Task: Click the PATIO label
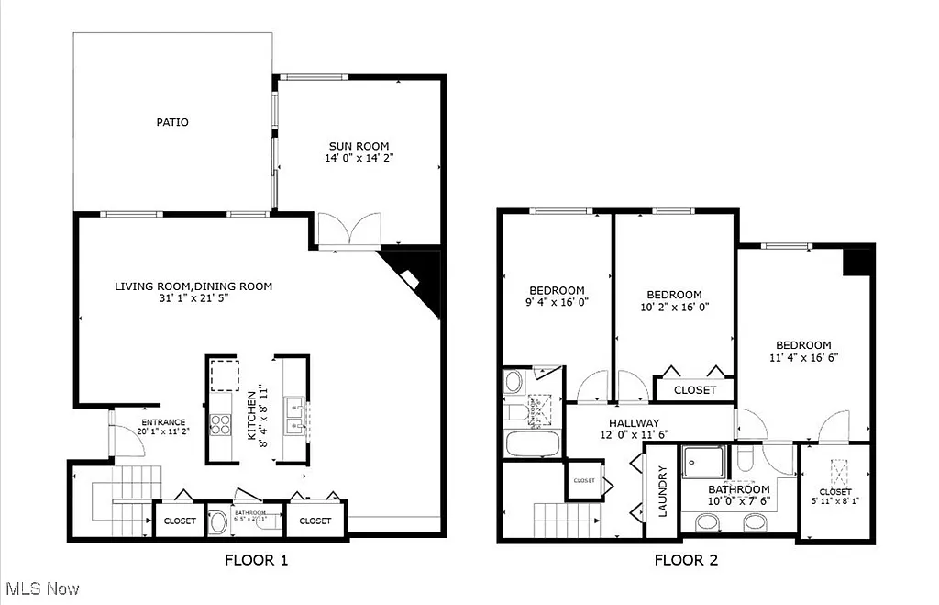[x=171, y=122]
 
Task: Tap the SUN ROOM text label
[x=359, y=146]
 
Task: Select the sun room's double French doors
[x=348, y=230]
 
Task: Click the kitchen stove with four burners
[x=221, y=423]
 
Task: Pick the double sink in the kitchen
[x=295, y=415]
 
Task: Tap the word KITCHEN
[x=251, y=414]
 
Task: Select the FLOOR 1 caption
[x=256, y=559]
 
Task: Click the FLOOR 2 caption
[x=686, y=559]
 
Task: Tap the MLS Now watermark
[x=42, y=588]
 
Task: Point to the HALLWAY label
[x=629, y=422]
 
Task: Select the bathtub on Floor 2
[x=532, y=444]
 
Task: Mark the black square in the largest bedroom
[x=856, y=262]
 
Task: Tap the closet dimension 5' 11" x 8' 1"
[x=835, y=501]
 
